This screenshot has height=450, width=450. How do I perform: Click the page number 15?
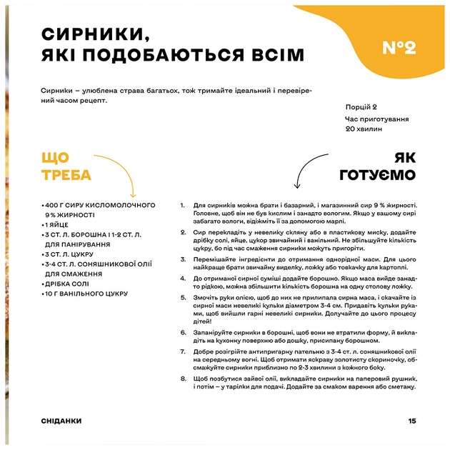pos(412,421)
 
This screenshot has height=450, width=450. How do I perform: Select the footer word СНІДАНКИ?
pos(61,421)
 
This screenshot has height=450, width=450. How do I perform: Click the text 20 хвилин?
pos(364,129)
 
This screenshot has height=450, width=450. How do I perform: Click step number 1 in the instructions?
pos(184,205)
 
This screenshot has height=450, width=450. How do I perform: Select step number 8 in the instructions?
pos(184,379)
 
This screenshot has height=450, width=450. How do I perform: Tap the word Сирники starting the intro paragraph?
pos(57,91)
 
